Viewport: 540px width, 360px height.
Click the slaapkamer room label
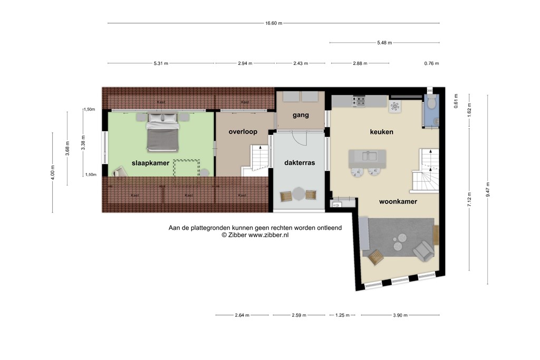[x=151, y=163]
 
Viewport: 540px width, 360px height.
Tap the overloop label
[x=243, y=132]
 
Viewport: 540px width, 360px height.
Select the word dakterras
[x=299, y=163]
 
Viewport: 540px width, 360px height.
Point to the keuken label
[x=381, y=132]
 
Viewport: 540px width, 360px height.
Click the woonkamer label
[x=398, y=201]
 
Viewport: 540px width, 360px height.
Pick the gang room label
[x=301, y=115]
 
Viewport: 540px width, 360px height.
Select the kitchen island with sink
[x=367, y=157]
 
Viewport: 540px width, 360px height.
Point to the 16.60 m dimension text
[x=274, y=23]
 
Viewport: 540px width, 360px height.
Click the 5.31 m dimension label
[x=161, y=63]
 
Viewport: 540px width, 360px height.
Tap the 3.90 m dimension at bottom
[x=400, y=315]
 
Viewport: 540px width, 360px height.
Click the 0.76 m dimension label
[x=431, y=63]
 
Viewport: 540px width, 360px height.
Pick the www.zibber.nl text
[x=268, y=235]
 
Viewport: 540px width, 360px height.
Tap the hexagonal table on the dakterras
[x=299, y=193]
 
